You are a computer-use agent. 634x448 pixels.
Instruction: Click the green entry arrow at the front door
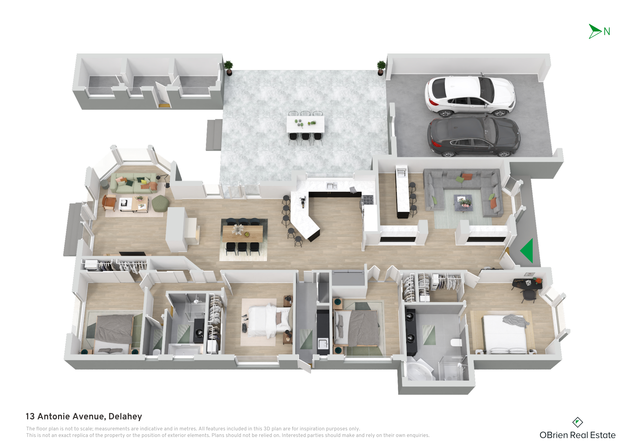pos(527,251)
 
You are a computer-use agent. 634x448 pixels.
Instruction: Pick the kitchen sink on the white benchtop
pos(331,186)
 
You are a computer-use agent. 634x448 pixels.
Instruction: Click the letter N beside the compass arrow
pos(607,31)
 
